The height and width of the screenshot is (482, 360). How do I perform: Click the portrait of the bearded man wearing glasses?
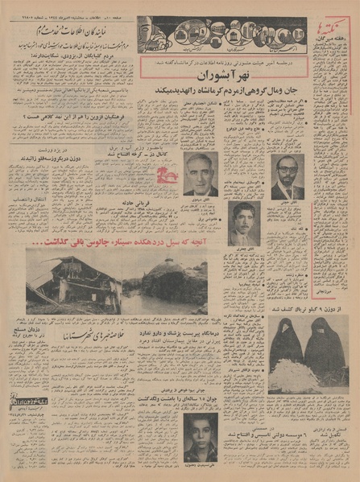pos(288,175)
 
